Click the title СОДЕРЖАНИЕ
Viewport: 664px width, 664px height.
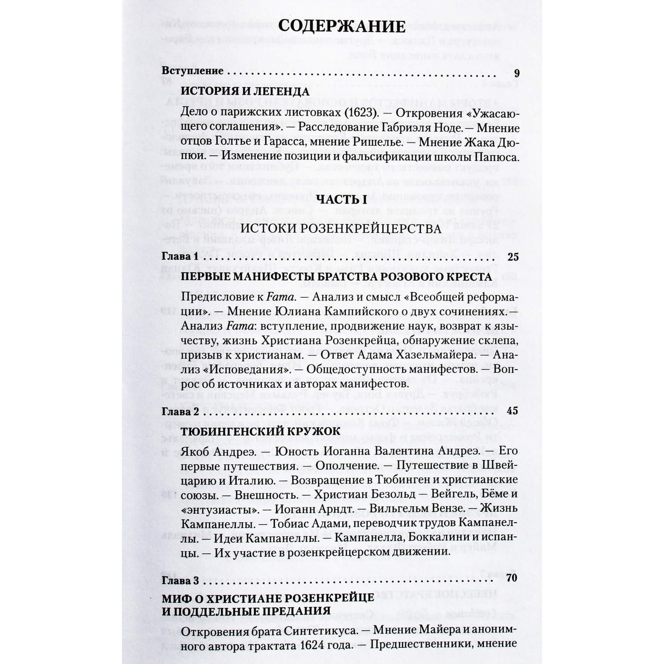pyautogui.click(x=342, y=25)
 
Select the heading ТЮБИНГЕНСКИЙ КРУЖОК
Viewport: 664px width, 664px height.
pyautogui.click(x=261, y=431)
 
